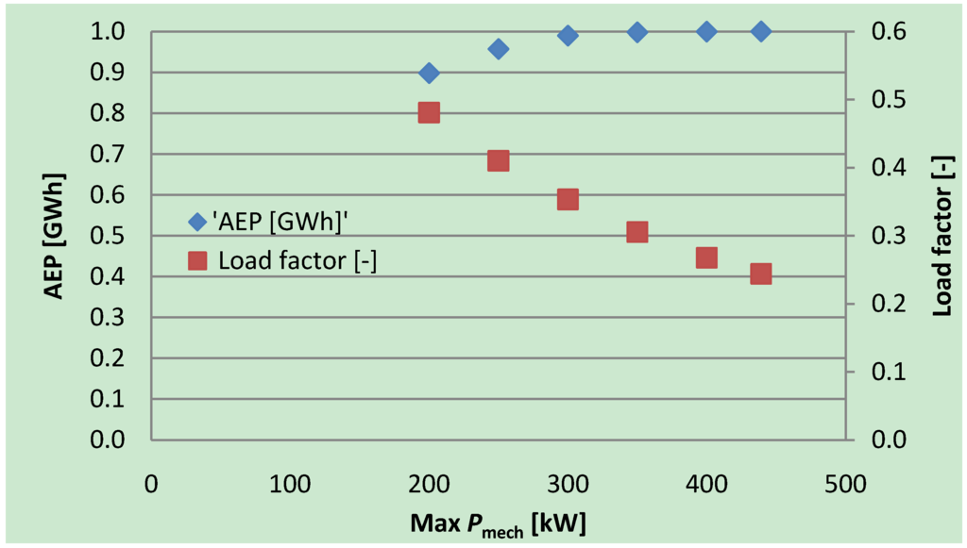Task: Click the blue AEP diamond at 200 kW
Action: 429,73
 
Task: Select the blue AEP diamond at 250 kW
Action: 499,49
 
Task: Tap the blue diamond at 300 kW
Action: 568,36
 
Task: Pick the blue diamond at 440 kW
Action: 761,31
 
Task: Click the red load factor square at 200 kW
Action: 429,113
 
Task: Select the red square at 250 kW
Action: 499,161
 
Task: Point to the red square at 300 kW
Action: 568,199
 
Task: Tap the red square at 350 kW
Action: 637,232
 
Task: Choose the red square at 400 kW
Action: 706,258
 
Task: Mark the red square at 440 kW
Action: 761,274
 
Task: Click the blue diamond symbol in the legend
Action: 196,222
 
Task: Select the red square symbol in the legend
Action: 196,261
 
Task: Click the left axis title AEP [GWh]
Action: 56,236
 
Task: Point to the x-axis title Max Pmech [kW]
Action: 498,522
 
